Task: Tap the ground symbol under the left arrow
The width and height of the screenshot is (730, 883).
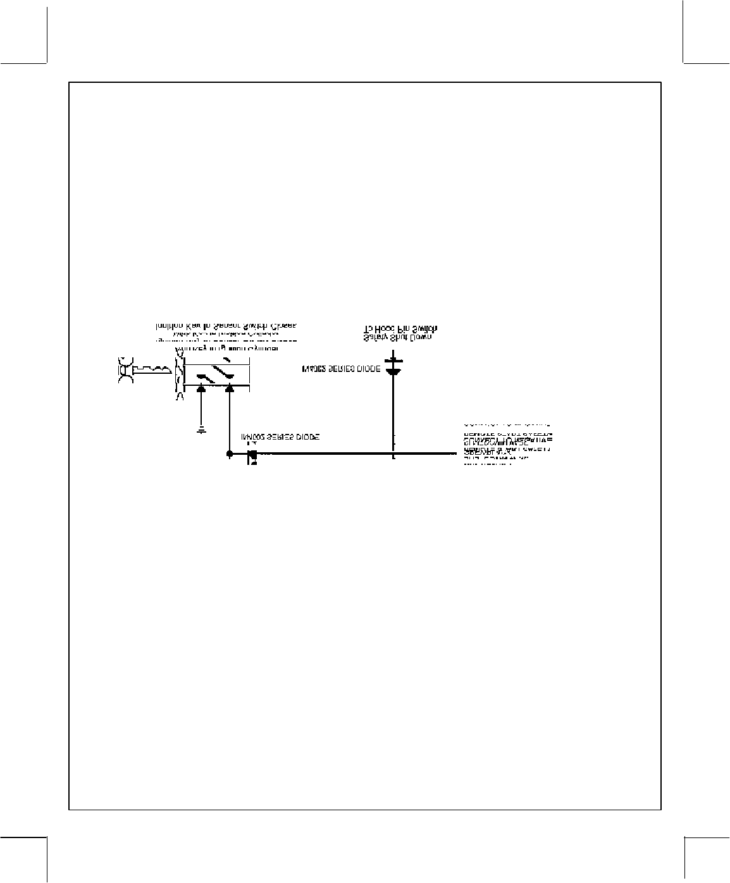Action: pos(201,431)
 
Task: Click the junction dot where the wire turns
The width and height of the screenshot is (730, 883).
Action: pos(229,454)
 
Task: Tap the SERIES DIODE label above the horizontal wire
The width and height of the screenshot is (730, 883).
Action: pos(280,437)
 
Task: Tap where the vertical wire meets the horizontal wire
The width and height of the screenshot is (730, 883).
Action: pos(393,454)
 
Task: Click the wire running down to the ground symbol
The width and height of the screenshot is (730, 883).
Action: pos(201,411)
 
